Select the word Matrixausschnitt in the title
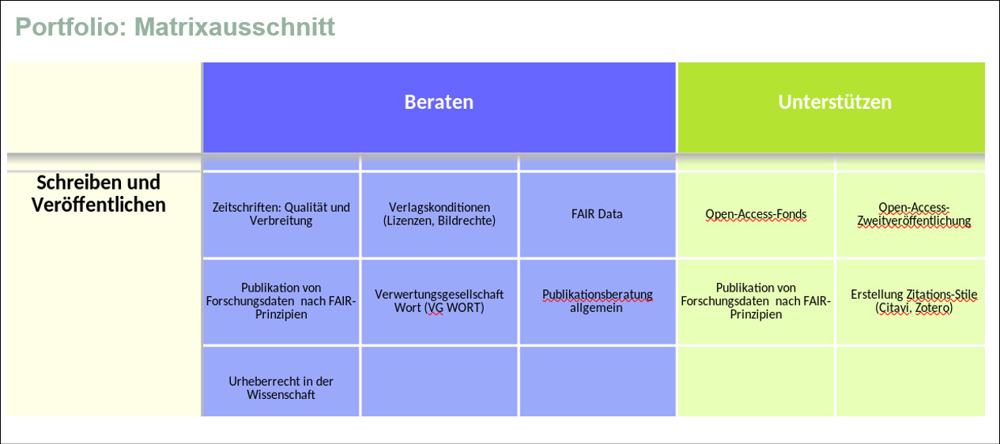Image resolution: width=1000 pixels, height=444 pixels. tap(235, 27)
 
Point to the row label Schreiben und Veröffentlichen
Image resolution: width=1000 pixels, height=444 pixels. tap(99, 194)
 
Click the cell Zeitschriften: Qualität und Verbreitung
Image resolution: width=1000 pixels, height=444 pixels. tap(281, 215)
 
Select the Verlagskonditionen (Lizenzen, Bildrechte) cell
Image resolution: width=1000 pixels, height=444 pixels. tap(440, 215)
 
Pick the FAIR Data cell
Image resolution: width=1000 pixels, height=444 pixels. tap(598, 215)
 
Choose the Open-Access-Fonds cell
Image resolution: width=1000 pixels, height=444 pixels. tap(756, 215)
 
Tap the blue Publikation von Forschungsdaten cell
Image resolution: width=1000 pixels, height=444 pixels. tap(281, 302)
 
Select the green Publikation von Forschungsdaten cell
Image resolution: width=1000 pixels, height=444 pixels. tap(756, 302)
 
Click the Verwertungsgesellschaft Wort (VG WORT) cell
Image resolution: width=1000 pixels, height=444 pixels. tap(440, 302)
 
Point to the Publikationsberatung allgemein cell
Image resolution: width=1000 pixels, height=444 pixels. tap(598, 302)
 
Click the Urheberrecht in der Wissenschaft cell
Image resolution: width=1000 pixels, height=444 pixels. tap(281, 382)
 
